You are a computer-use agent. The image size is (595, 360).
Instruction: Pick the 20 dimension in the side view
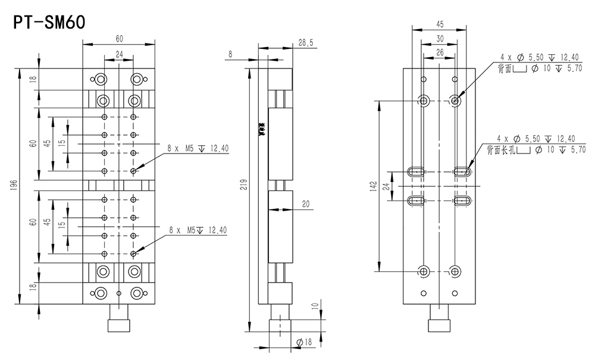pyautogui.click(x=305, y=204)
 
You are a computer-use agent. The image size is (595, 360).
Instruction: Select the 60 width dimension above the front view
pyautogui.click(x=119, y=39)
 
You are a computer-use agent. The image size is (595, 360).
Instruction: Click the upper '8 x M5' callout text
pyautogui.click(x=198, y=148)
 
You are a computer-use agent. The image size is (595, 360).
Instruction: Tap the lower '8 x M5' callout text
pyautogui.click(x=198, y=230)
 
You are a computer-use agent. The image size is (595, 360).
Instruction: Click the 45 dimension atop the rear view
pyautogui.click(x=440, y=25)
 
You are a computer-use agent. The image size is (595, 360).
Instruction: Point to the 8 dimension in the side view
pyautogui.click(x=230, y=54)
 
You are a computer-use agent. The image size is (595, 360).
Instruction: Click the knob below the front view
pyautogui.click(x=119, y=324)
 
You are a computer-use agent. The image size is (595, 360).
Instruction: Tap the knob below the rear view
pyautogui.click(x=440, y=324)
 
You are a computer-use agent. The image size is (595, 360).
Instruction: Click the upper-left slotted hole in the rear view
pyautogui.click(x=416, y=171)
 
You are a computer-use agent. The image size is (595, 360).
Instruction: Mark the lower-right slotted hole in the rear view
pyautogui.click(x=463, y=201)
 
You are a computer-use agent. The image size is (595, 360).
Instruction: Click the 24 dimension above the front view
pyautogui.click(x=119, y=54)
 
